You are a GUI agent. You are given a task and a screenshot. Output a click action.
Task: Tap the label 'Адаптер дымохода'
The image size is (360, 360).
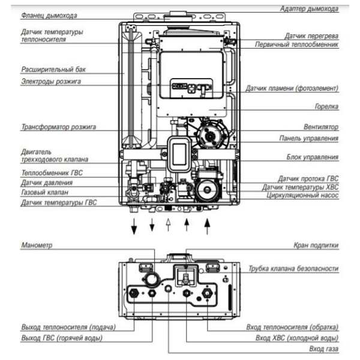click(310, 8)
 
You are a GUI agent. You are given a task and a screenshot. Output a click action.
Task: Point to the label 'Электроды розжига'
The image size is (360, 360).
click(47, 81)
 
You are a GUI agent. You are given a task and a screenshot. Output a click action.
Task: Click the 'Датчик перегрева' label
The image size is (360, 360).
click(310, 36)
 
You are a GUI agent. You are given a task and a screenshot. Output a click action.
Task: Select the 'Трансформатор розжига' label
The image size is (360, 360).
click(58, 127)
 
